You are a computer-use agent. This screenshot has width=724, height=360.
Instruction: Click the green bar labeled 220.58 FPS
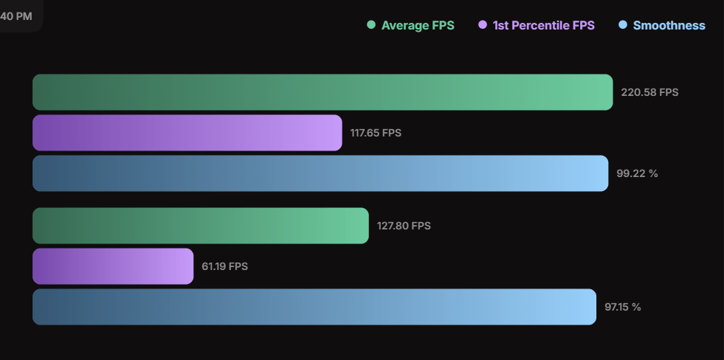[323, 92]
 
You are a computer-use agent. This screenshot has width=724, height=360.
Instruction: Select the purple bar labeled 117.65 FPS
[187, 133]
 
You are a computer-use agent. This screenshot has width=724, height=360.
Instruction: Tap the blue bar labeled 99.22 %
[320, 173]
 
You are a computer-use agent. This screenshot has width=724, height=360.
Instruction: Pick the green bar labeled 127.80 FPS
[200, 226]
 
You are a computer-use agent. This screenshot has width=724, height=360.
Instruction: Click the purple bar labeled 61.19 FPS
[113, 266]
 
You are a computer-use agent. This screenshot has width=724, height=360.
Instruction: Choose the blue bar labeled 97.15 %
[314, 307]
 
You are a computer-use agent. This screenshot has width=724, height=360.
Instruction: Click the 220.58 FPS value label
[649, 92]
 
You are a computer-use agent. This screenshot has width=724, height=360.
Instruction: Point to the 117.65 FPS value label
[376, 133]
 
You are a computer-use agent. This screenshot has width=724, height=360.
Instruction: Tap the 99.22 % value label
[637, 173]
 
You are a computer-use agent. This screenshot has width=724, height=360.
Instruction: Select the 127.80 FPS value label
[404, 226]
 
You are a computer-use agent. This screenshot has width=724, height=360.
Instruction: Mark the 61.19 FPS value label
[225, 266]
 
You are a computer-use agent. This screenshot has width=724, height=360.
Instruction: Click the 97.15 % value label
[623, 307]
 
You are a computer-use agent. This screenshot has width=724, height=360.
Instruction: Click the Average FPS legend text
[418, 25]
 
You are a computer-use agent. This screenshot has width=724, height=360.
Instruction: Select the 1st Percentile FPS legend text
[543, 25]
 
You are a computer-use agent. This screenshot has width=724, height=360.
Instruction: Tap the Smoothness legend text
[669, 25]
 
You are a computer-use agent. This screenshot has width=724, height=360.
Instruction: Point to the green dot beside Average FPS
[371, 25]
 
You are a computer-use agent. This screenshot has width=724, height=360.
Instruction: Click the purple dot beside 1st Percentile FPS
[483, 25]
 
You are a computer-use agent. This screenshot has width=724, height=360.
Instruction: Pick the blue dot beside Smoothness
[623, 25]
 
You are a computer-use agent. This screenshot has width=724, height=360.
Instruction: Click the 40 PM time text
[16, 15]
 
